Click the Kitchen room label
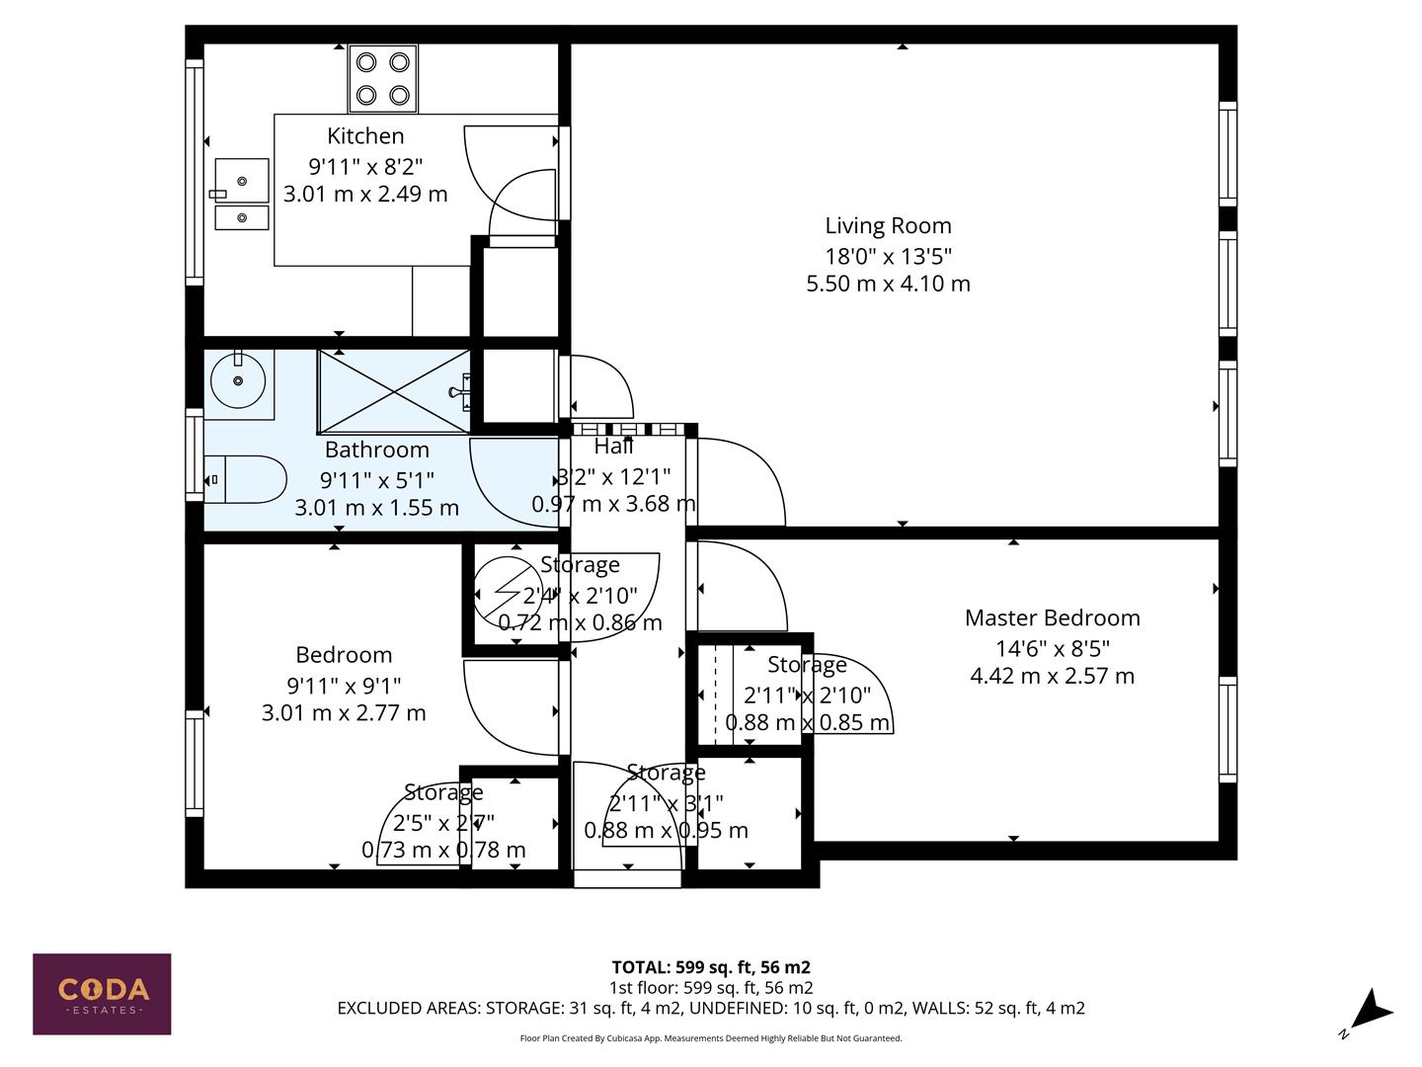click(365, 136)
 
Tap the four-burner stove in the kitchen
click(383, 79)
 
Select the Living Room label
click(888, 226)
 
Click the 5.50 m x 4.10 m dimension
click(888, 285)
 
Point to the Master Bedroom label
click(1052, 618)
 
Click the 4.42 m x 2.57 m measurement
click(1052, 677)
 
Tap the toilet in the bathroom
click(247, 480)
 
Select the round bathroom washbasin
click(238, 380)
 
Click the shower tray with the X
click(394, 391)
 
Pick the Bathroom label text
click(376, 451)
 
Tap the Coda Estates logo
click(102, 993)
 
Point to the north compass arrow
click(1369, 1013)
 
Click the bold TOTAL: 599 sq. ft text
click(711, 967)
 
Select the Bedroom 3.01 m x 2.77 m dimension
click(344, 713)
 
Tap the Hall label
click(613, 447)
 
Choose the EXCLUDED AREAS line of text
click(711, 1009)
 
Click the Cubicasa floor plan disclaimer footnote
click(711, 1038)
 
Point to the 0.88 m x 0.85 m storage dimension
click(808, 723)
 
